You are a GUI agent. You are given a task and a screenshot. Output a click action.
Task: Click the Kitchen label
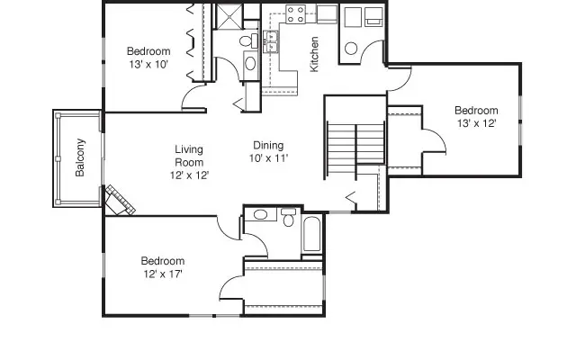(314, 55)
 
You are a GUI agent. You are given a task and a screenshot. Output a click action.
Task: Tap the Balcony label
(80, 157)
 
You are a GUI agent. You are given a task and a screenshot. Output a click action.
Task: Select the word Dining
(268, 145)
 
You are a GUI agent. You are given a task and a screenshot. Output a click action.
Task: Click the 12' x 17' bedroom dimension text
(163, 274)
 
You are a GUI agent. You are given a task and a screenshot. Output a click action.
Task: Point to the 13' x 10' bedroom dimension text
(148, 64)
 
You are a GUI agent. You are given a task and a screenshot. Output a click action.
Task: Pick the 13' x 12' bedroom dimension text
(476, 123)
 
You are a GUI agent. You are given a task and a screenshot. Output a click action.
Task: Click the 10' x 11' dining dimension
(268, 158)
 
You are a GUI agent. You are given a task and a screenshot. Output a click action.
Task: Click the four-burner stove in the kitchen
(295, 14)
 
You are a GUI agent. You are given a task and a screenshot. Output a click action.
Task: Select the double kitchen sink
(270, 39)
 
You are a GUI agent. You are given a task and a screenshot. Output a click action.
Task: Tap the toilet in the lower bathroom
(288, 218)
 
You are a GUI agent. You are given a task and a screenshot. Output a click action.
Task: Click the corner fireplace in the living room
(118, 200)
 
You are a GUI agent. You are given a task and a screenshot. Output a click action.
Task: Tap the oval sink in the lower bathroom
(260, 214)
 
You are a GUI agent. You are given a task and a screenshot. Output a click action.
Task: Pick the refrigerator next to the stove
(327, 13)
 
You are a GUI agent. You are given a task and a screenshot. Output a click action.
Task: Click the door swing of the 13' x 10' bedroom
(194, 95)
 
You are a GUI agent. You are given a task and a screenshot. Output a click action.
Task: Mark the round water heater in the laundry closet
(352, 49)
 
